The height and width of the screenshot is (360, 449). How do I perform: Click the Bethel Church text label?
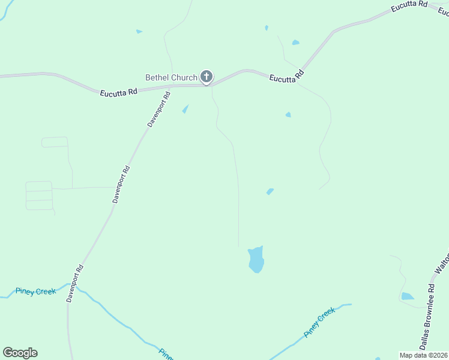click(x=171, y=77)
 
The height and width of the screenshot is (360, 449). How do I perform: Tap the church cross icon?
click(x=206, y=77)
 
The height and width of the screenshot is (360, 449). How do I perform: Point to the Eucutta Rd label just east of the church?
click(x=287, y=77)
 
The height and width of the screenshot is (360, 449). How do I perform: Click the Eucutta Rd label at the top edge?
click(x=408, y=5)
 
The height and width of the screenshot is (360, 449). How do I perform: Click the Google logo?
click(x=20, y=353)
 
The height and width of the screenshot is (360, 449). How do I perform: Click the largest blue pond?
click(x=256, y=259)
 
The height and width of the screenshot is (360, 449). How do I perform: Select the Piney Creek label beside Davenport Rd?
click(x=36, y=292)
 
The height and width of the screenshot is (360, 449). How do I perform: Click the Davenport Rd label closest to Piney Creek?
click(x=76, y=283)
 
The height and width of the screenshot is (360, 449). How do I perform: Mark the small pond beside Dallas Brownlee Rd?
click(x=408, y=296)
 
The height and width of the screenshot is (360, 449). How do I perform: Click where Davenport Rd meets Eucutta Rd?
click(x=171, y=86)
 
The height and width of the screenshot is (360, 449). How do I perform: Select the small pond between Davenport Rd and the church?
click(x=185, y=109)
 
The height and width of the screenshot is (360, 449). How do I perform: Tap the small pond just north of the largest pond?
click(x=270, y=191)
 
